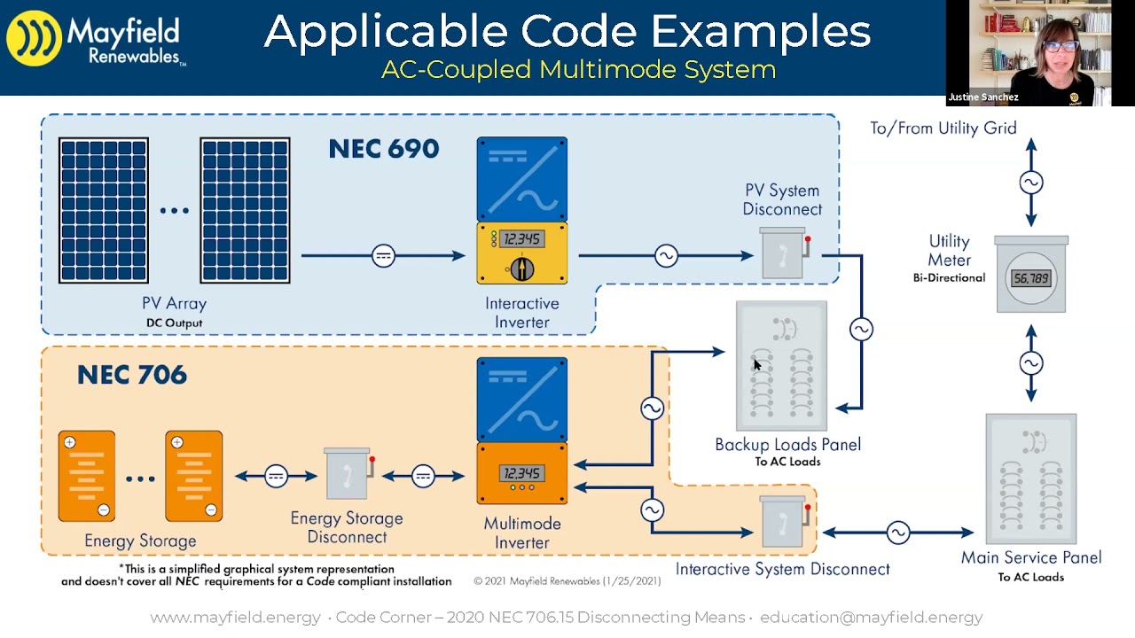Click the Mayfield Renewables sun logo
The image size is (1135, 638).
click(x=35, y=39)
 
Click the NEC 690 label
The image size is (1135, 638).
click(x=383, y=149)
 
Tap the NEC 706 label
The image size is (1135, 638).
click(x=132, y=375)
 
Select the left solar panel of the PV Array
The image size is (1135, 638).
click(x=104, y=210)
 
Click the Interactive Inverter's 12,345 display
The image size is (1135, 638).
click(x=521, y=239)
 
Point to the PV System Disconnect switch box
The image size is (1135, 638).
click(x=784, y=253)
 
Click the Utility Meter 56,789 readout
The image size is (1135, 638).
click(x=1031, y=278)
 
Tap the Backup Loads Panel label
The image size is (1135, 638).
click(x=787, y=445)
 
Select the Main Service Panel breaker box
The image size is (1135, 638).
click(x=1031, y=478)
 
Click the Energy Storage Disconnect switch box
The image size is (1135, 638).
click(x=348, y=474)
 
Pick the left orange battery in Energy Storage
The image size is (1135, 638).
click(x=87, y=476)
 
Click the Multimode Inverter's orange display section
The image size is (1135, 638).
click(x=521, y=474)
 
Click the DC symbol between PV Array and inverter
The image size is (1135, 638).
click(x=383, y=256)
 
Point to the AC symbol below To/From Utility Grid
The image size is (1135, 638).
click(x=1031, y=183)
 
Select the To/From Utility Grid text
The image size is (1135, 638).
click(x=943, y=128)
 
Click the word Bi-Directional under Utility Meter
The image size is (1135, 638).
click(x=949, y=278)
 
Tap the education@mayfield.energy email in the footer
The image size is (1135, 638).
click(x=871, y=618)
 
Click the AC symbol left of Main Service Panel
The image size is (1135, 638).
click(x=898, y=533)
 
